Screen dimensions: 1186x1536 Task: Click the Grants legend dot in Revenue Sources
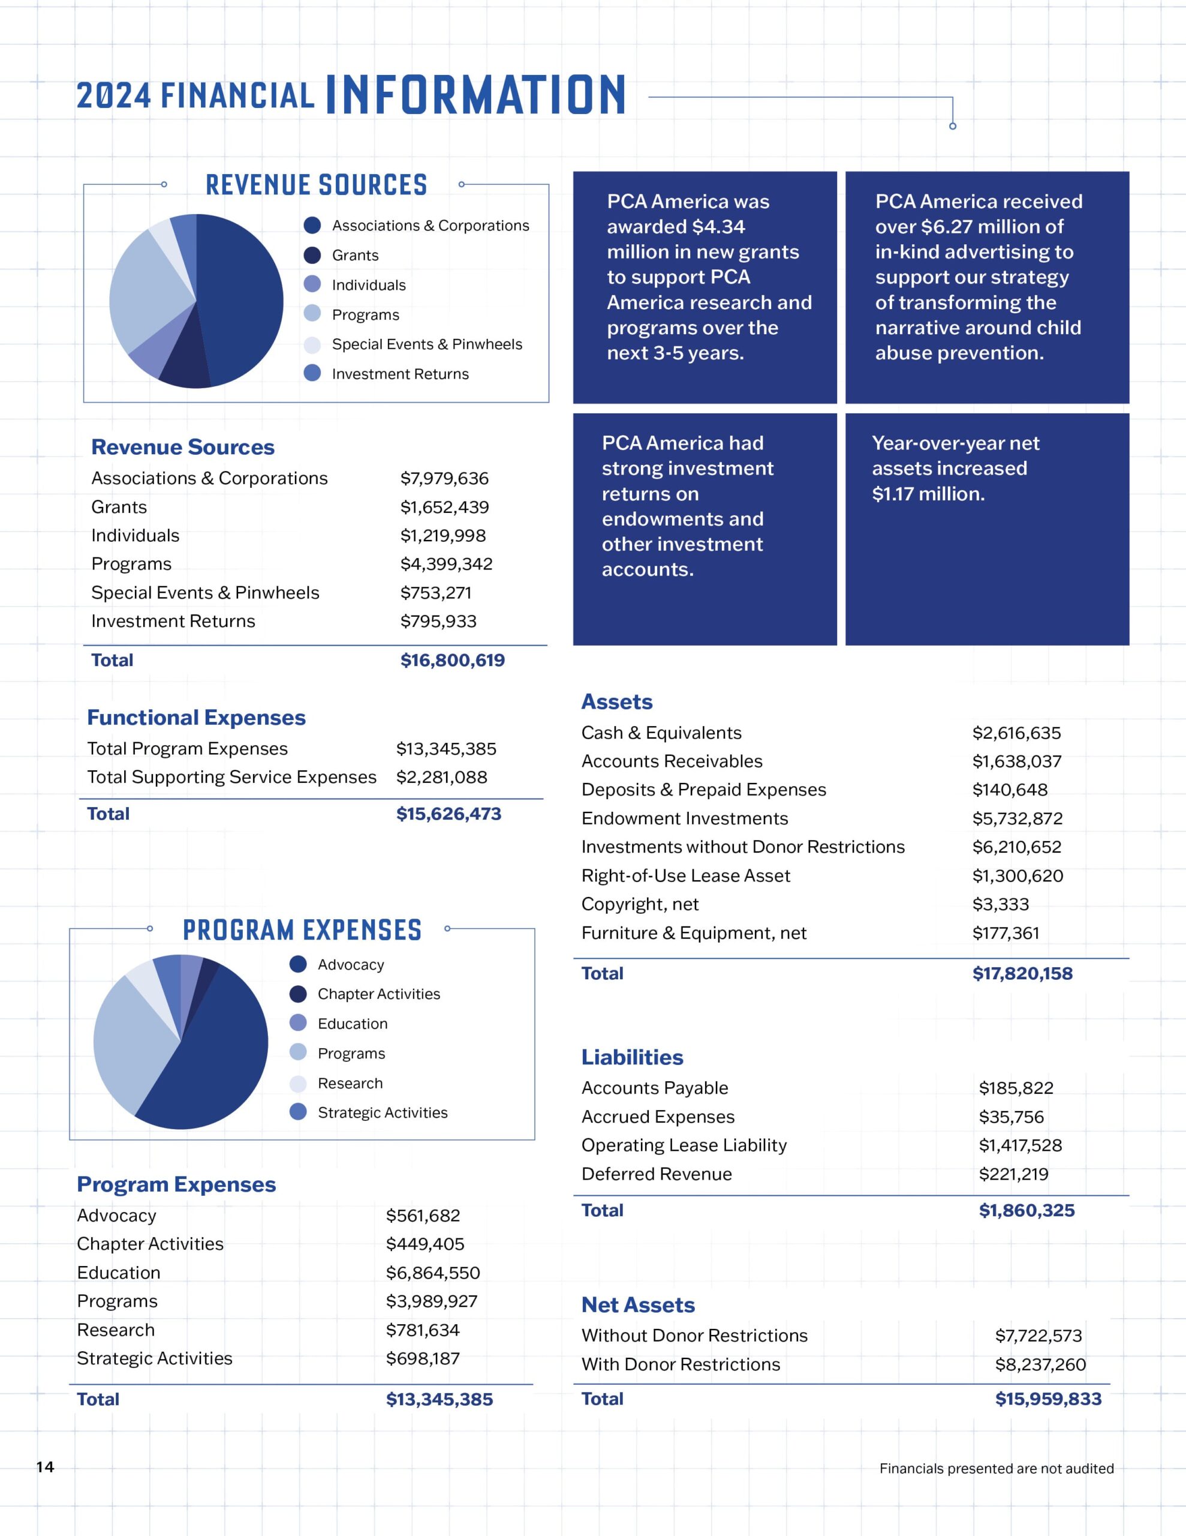tap(312, 255)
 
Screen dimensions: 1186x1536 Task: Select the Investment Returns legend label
tap(400, 374)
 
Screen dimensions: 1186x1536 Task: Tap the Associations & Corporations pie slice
tap(239, 299)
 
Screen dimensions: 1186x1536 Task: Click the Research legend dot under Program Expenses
tap(298, 1083)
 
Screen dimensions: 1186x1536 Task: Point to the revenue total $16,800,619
tap(453, 661)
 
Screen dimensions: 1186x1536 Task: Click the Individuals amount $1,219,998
tap(443, 536)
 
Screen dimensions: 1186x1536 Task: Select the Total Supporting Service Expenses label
tap(232, 777)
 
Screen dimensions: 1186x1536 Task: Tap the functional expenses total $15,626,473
tap(448, 814)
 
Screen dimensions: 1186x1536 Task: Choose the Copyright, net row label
tap(640, 904)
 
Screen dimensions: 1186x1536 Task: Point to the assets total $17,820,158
tap(1022, 973)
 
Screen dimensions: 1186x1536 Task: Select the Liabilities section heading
tap(632, 1057)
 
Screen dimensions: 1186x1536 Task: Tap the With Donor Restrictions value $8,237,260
tap(1040, 1364)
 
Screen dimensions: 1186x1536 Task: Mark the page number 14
tap(45, 1466)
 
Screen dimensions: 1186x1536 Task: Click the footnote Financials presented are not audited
tap(996, 1468)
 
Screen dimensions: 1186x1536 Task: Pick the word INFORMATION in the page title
tap(476, 95)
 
